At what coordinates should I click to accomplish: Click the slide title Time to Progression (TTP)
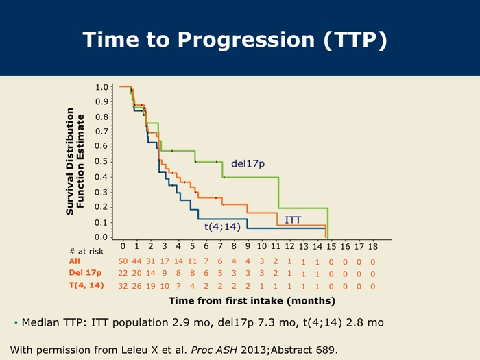pyautogui.click(x=235, y=40)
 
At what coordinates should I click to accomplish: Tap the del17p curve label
pyautogui.click(x=248, y=164)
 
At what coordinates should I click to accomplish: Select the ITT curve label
pyautogui.click(x=293, y=220)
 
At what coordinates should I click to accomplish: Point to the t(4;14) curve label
pyautogui.click(x=223, y=227)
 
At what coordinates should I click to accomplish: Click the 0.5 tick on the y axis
pyautogui.click(x=102, y=161)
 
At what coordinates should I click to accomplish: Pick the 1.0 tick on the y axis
pyautogui.click(x=102, y=87)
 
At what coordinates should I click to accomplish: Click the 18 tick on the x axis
pyautogui.click(x=373, y=246)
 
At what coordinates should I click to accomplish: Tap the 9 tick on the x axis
pyautogui.click(x=248, y=246)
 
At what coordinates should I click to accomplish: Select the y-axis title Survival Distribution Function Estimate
pyautogui.click(x=75, y=161)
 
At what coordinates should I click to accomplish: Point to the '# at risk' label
pyautogui.click(x=86, y=252)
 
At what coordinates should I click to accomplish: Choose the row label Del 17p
pyautogui.click(x=85, y=273)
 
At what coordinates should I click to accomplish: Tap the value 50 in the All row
pyautogui.click(x=123, y=261)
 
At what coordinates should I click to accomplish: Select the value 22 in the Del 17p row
pyautogui.click(x=123, y=274)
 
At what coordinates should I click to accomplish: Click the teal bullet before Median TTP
pyautogui.click(x=16, y=323)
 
